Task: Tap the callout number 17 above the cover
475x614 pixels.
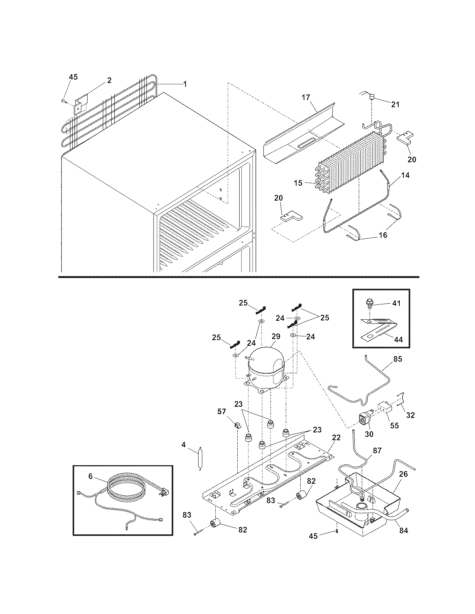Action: click(305, 97)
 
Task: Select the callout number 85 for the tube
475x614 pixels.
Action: click(398, 359)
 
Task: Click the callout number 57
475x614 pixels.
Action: click(222, 411)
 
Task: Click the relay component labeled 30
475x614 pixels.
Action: click(364, 419)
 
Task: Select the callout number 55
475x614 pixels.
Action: click(394, 425)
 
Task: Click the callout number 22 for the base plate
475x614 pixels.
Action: click(336, 438)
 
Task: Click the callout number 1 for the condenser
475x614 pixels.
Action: click(185, 84)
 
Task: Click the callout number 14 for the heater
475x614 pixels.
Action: click(405, 175)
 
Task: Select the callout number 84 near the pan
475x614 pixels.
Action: click(403, 531)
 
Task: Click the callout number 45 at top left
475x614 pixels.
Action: click(73, 77)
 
